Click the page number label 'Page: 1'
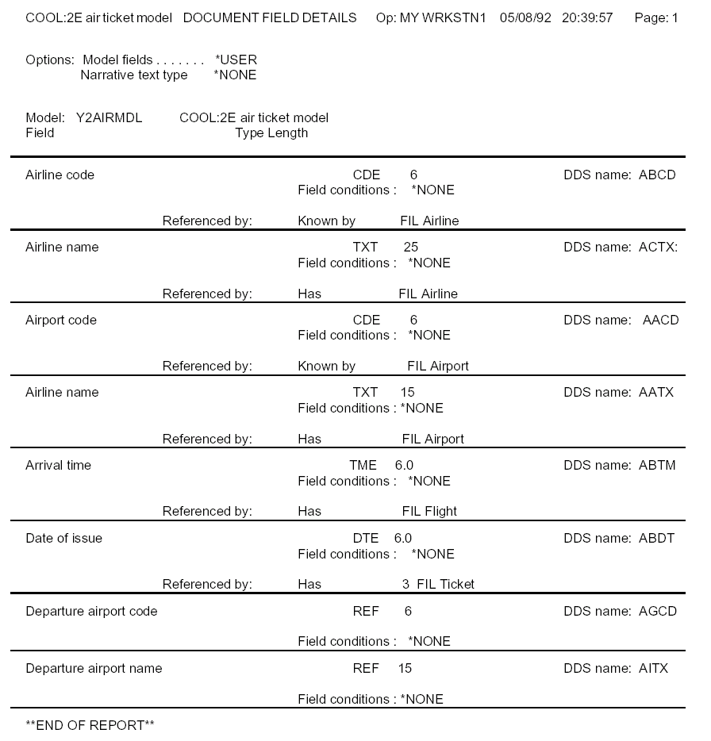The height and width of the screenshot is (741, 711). click(x=655, y=17)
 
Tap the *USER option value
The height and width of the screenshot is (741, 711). click(x=236, y=60)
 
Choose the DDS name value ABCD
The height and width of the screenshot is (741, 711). click(x=657, y=175)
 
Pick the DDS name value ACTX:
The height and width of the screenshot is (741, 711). click(x=659, y=248)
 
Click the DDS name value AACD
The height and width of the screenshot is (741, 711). click(x=660, y=321)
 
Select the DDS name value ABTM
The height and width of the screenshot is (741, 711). click(x=657, y=466)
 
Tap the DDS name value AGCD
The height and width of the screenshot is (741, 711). click(x=657, y=612)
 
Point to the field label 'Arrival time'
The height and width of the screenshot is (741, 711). click(x=58, y=466)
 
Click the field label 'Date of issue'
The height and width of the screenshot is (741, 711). click(x=63, y=539)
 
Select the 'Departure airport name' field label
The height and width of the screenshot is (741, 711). click(x=94, y=669)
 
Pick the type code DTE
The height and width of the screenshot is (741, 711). click(x=366, y=539)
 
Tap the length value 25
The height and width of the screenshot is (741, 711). click(x=410, y=248)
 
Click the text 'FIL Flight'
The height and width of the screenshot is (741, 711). click(x=429, y=512)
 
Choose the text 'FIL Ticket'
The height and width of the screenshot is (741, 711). click(x=445, y=585)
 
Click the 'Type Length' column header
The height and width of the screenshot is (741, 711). click(x=271, y=133)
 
